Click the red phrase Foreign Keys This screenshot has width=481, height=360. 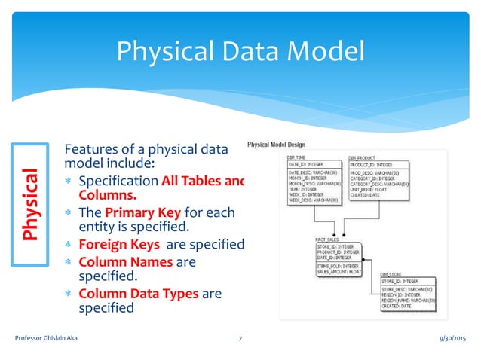point(118,244)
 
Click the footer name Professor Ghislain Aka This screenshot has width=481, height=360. point(46,340)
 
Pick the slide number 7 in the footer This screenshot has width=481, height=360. point(239,340)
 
